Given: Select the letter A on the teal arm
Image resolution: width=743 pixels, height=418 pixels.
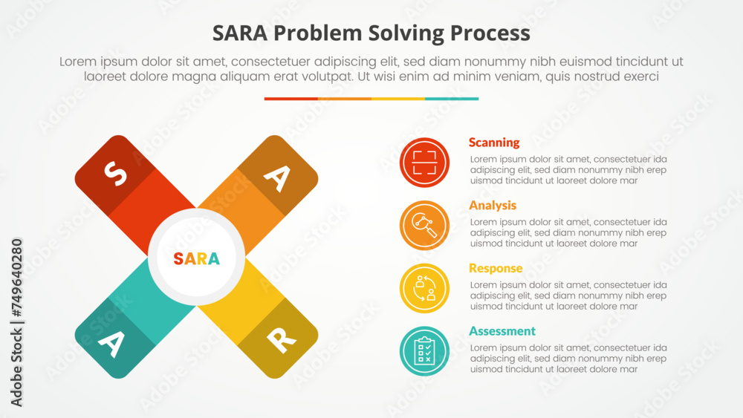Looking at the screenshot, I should pyautogui.click(x=111, y=342).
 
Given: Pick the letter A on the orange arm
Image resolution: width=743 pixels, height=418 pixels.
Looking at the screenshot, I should pyautogui.click(x=277, y=177).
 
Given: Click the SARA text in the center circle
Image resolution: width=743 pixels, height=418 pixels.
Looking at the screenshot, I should pyautogui.click(x=196, y=258).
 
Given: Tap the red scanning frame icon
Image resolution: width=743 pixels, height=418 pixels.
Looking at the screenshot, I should pyautogui.click(x=424, y=163).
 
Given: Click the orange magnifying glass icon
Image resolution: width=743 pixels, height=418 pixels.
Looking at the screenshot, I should pyautogui.click(x=424, y=226).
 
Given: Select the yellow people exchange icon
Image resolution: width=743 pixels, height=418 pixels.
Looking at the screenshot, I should pyautogui.click(x=424, y=288).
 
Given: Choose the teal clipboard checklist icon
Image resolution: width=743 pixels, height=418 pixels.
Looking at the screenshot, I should pyautogui.click(x=424, y=351).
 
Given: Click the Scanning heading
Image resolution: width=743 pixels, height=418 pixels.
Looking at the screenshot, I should pyautogui.click(x=494, y=143).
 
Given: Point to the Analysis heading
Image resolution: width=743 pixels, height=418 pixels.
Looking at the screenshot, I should pyautogui.click(x=493, y=206).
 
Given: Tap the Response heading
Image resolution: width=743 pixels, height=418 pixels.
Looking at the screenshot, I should pyautogui.click(x=496, y=269).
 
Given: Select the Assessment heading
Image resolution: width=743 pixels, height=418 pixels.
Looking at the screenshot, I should pyautogui.click(x=502, y=331).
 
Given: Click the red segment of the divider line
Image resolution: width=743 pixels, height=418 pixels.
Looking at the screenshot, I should pyautogui.click(x=291, y=99).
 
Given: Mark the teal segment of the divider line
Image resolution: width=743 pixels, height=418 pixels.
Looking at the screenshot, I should pyautogui.click(x=452, y=99).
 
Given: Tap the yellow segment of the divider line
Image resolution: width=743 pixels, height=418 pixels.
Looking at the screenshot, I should pyautogui.click(x=398, y=99).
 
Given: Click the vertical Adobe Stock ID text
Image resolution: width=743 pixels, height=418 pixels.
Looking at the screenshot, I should pyautogui.click(x=17, y=322).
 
